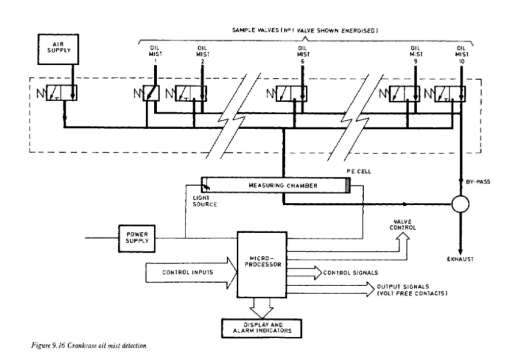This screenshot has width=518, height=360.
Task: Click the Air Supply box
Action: pos(58,49)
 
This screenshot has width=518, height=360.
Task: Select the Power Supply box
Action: pos(137,239)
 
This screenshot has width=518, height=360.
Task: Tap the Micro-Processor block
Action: pos(262,265)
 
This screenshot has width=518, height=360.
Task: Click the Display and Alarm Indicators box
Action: pos(262,328)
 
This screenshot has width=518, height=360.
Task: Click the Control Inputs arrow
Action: pos(191,273)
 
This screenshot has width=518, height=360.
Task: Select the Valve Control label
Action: pos(403,224)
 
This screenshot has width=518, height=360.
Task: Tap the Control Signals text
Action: pos(351,273)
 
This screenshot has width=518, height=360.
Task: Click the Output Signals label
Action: pos(412,290)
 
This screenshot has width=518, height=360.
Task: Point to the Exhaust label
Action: pos(460,259)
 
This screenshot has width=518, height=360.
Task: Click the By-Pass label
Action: pos(478,182)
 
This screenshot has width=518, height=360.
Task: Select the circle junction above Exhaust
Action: pos(460,204)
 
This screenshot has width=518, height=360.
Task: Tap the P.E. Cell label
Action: pos(359,171)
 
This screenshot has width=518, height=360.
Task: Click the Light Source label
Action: pos(205,201)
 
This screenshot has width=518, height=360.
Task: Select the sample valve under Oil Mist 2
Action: pos(191,93)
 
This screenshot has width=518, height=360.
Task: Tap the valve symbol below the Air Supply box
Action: pos(61,93)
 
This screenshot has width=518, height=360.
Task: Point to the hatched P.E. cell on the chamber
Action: pos(348,185)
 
